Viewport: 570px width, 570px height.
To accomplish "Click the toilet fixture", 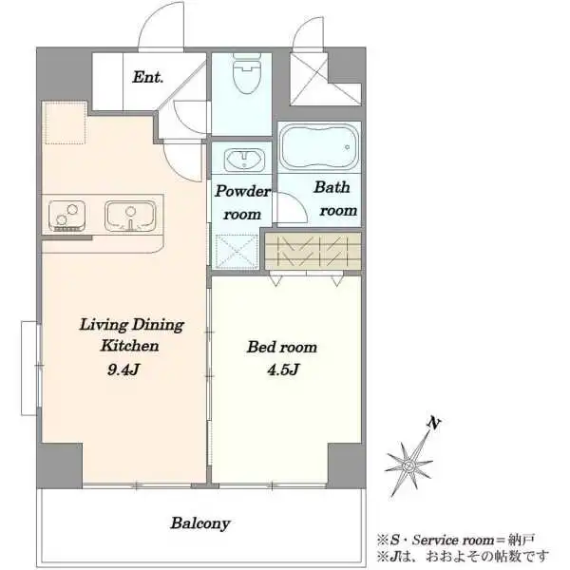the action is (x=247, y=73).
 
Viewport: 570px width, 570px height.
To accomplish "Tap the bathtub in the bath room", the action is (x=320, y=146).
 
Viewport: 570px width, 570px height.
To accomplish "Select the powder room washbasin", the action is (x=244, y=160).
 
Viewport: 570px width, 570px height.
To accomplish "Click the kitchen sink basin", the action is (x=130, y=216).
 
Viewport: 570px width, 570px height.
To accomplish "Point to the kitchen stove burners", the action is (x=67, y=216).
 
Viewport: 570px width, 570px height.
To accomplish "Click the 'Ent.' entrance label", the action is (x=147, y=77).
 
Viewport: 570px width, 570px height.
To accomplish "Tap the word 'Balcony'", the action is (x=200, y=523).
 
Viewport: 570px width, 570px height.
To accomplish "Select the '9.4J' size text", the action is (x=123, y=370).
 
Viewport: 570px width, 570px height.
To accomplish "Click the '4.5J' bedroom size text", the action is (x=283, y=370).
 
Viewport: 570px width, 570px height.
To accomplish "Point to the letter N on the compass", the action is (x=434, y=423).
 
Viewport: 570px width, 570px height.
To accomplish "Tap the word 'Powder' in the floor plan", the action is (x=242, y=191).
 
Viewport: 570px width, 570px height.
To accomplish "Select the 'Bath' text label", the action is (x=332, y=187).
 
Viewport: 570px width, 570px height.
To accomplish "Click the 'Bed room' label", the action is (x=282, y=347).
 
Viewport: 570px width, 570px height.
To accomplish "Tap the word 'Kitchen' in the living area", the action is (x=130, y=346).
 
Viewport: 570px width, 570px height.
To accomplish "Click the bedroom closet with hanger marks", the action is (x=313, y=251).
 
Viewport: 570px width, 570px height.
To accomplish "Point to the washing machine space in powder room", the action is (x=237, y=252).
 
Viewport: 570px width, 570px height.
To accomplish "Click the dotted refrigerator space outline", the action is (x=65, y=123).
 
